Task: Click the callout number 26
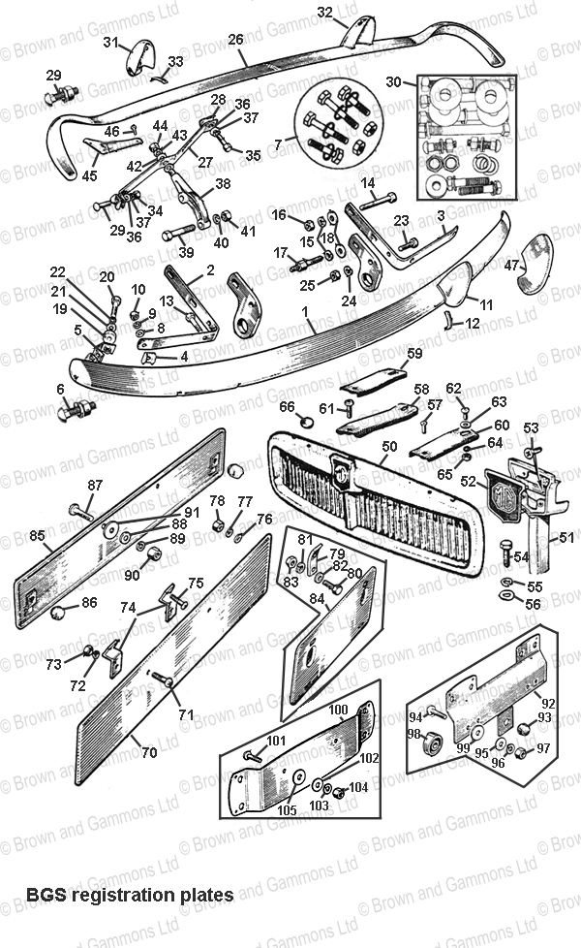coord(235,40)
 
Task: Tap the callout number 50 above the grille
coord(390,446)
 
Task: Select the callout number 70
coord(149,750)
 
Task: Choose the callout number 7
coord(279,144)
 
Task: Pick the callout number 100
coord(338,711)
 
